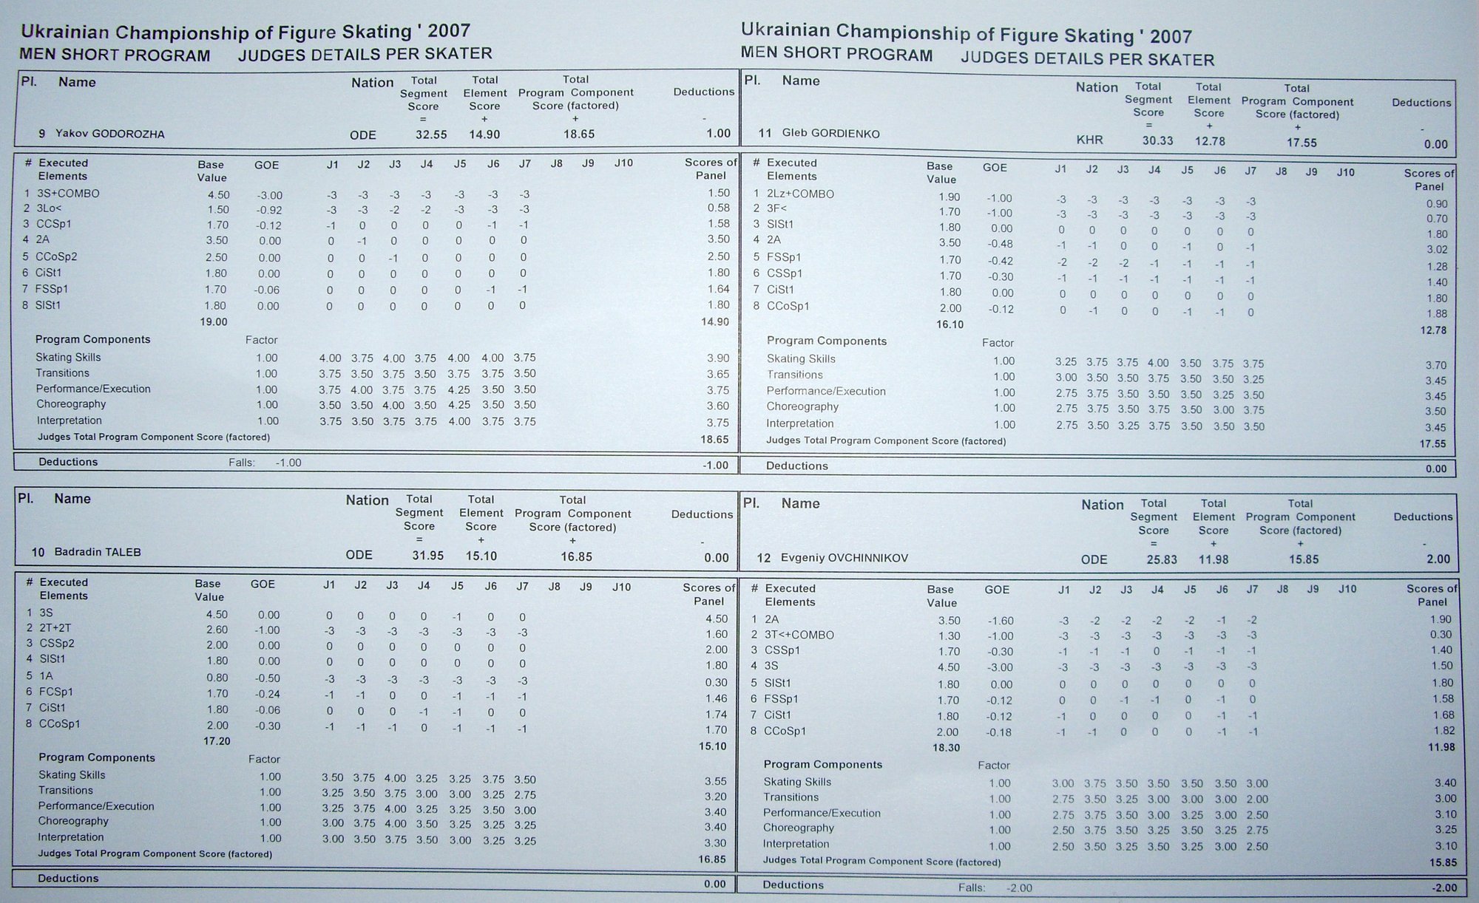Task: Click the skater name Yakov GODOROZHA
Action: pos(109,134)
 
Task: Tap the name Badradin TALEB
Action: pos(96,552)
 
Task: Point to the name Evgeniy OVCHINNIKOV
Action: pos(844,558)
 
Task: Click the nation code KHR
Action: pos(1089,140)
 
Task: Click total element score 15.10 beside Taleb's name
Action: pos(481,556)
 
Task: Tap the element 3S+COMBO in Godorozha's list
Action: pos(67,194)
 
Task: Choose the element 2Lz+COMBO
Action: pos(800,194)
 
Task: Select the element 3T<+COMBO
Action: pos(799,635)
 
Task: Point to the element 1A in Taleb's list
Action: pos(46,675)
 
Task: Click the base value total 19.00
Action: pos(213,322)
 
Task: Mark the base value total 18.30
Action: pos(946,748)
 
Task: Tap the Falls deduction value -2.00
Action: pos(1018,888)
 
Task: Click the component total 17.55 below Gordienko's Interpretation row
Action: pos(1433,444)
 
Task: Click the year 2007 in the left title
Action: pos(448,31)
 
